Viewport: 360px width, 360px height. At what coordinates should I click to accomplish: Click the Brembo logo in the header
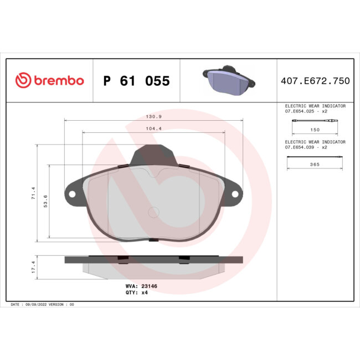pyautogui.click(x=49, y=80)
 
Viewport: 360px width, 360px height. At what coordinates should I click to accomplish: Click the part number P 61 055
pyautogui.click(x=136, y=81)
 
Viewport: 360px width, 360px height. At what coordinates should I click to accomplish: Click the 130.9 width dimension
pyautogui.click(x=153, y=117)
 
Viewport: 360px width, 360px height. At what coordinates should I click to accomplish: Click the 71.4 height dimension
pyautogui.click(x=33, y=193)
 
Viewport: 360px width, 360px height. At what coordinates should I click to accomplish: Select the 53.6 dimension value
pyautogui.click(x=45, y=200)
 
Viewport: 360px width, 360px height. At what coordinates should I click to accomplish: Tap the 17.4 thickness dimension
pyautogui.click(x=33, y=267)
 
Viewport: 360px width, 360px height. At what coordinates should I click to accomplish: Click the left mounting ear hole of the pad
pyautogui.click(x=71, y=193)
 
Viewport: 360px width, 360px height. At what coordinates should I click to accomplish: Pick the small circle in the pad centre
pyautogui.click(x=154, y=212)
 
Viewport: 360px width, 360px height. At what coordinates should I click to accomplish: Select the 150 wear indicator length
pyautogui.click(x=315, y=129)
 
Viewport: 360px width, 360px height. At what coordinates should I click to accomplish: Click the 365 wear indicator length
pyautogui.click(x=315, y=165)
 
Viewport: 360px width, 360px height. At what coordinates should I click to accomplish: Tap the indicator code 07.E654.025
pyautogui.click(x=302, y=111)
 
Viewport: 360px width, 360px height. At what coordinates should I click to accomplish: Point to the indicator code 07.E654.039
pyautogui.click(x=302, y=147)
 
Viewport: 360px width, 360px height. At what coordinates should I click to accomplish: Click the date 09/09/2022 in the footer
pyautogui.click(x=35, y=304)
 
